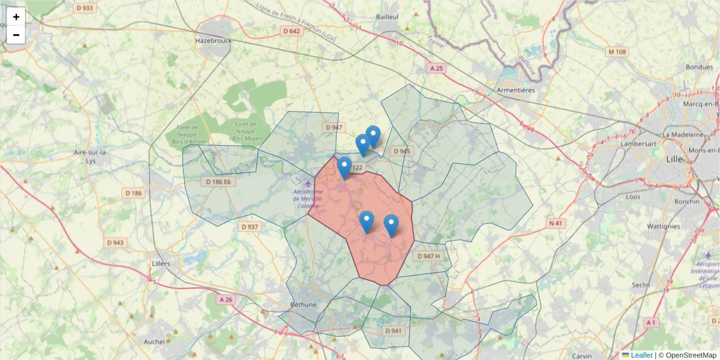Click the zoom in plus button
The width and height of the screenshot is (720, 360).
(x=16, y=17)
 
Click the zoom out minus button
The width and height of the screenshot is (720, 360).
(x=16, y=35)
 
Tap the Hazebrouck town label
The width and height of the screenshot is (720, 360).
(x=212, y=41)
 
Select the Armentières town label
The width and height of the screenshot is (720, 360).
(x=516, y=90)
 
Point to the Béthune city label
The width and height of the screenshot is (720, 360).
(x=303, y=304)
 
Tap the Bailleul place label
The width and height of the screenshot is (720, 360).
(x=388, y=17)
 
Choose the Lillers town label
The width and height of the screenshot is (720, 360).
(x=161, y=263)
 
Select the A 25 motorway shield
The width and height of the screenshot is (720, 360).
(x=436, y=68)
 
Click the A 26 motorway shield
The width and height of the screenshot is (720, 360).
(x=226, y=299)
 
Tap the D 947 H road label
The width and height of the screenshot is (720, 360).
(x=428, y=256)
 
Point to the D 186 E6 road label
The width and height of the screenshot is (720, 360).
(x=218, y=181)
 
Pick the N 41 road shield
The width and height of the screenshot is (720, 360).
(x=556, y=223)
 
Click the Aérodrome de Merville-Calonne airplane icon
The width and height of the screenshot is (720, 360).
(x=308, y=183)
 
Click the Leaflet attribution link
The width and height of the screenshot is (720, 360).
(x=641, y=355)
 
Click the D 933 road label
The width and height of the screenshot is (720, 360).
(x=85, y=8)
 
